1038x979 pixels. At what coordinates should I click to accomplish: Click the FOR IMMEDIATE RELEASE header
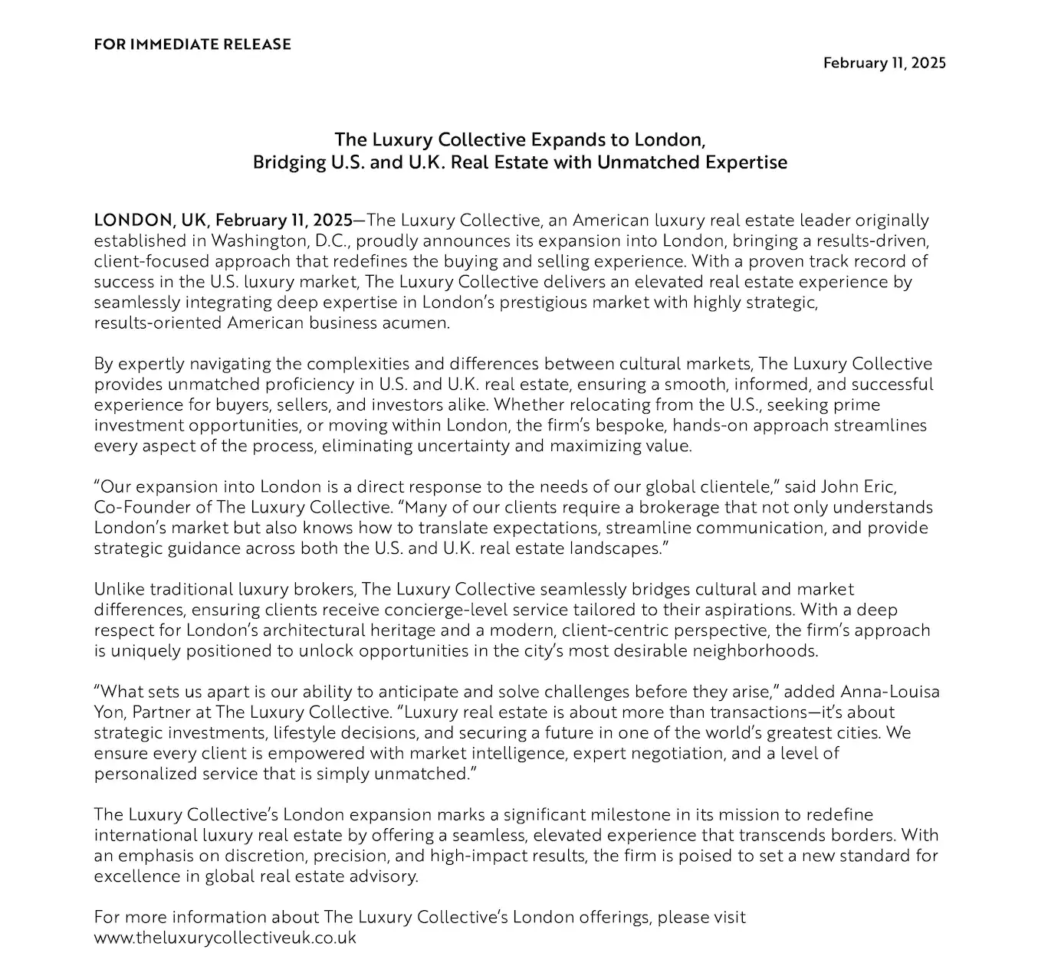tap(192, 44)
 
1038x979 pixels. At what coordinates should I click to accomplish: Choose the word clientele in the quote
tap(737, 486)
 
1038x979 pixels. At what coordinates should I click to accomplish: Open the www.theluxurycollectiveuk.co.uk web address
tap(225, 938)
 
